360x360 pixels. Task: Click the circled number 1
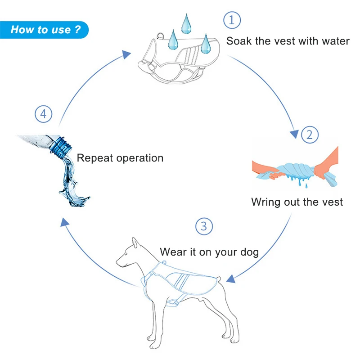(232, 20)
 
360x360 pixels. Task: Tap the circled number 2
(310, 135)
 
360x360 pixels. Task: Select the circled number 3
(204, 226)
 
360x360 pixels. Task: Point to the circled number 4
(43, 114)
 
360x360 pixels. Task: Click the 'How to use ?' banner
(45, 30)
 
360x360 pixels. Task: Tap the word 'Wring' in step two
(265, 202)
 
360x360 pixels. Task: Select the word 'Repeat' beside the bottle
(94, 158)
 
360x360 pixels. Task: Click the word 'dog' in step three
(249, 252)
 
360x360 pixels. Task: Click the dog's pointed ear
(135, 243)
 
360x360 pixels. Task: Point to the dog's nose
(118, 262)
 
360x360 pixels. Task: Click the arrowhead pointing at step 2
(294, 134)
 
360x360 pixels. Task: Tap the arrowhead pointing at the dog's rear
(231, 279)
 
